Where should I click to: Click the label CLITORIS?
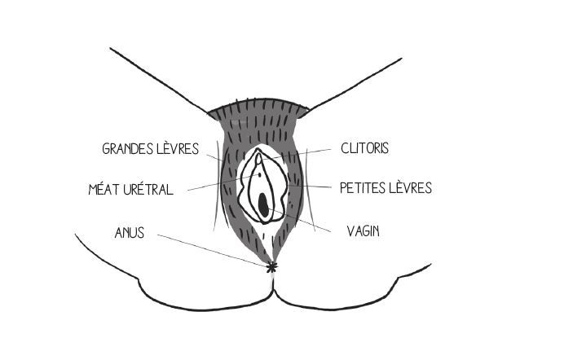(364, 148)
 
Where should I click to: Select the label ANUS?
(130, 233)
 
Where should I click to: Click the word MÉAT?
(104, 190)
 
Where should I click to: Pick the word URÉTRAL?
(148, 190)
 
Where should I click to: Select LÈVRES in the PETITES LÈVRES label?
(410, 188)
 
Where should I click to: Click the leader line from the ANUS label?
(212, 248)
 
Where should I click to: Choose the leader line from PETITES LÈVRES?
(314, 187)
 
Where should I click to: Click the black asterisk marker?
(271, 266)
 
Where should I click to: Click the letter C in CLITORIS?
(346, 148)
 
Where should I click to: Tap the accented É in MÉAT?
(102, 190)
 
